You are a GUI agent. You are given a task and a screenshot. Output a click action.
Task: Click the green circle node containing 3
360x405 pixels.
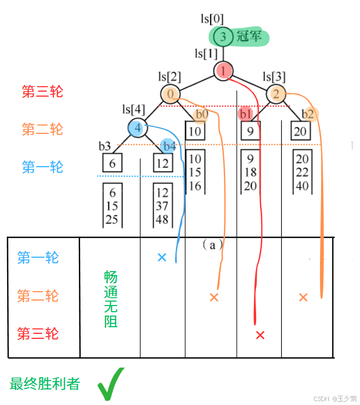coord(223,37)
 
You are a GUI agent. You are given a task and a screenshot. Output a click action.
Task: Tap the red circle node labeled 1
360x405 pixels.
coord(223,71)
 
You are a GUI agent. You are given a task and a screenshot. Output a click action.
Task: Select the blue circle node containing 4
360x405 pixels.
coord(137,127)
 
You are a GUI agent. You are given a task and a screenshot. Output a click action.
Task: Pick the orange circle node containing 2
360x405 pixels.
coord(276,93)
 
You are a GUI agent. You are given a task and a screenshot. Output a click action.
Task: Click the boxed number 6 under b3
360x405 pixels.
coord(112,163)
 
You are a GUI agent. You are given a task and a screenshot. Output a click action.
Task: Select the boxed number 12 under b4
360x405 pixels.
coord(163,163)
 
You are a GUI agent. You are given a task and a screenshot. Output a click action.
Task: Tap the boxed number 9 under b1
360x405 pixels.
coord(251,132)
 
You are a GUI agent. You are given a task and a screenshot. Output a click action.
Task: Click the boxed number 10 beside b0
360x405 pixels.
coord(194,132)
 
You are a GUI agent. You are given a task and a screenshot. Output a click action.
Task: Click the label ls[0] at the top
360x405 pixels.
coord(212,18)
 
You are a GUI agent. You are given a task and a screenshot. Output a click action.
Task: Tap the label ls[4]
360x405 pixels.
coord(133,109)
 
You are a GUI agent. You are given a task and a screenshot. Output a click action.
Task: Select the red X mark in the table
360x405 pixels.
coord(259,335)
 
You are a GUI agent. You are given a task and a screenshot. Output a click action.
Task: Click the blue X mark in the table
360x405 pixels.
coord(162,257)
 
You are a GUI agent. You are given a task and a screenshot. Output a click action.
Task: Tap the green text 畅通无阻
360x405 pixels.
coord(111,299)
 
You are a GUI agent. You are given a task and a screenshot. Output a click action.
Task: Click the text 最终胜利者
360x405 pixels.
coord(44,383)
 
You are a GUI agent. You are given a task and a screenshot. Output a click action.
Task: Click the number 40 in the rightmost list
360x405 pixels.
coord(302,186)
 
